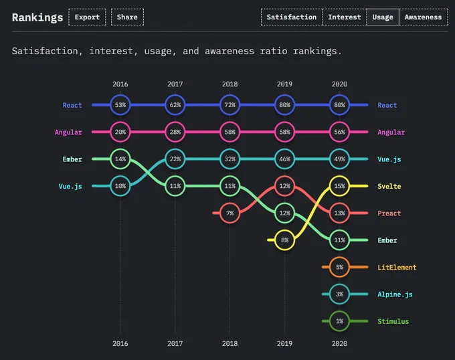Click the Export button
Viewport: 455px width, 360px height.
[87, 17]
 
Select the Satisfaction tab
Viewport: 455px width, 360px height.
[292, 17]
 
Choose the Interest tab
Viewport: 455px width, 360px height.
[345, 17]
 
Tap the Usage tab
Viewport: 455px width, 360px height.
[383, 17]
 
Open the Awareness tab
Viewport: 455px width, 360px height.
[424, 17]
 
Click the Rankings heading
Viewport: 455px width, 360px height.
[37, 17]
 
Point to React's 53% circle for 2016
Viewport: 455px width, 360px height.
[120, 105]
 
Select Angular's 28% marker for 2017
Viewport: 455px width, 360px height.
[175, 132]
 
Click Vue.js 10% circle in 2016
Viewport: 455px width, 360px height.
[120, 186]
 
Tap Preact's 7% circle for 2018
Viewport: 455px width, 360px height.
[230, 213]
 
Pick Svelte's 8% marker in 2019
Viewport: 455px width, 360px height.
[284, 240]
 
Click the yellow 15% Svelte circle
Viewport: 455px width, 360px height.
[339, 186]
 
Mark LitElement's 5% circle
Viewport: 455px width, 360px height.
[339, 267]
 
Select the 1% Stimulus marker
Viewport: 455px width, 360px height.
[339, 321]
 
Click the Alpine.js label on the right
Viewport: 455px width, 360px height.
[395, 294]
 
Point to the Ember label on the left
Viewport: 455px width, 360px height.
[72, 159]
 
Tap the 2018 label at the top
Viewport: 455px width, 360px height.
[230, 84]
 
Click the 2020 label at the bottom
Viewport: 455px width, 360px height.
[339, 343]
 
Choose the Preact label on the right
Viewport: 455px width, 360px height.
[389, 213]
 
